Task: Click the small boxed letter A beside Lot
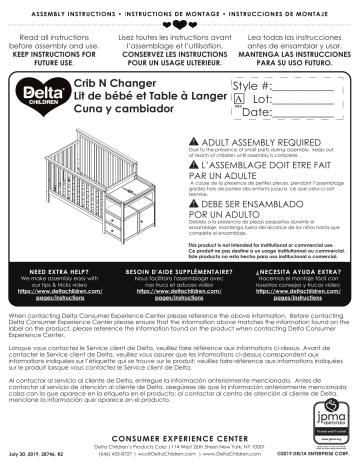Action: (x=239, y=101)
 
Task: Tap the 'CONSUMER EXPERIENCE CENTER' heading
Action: (x=180, y=436)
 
